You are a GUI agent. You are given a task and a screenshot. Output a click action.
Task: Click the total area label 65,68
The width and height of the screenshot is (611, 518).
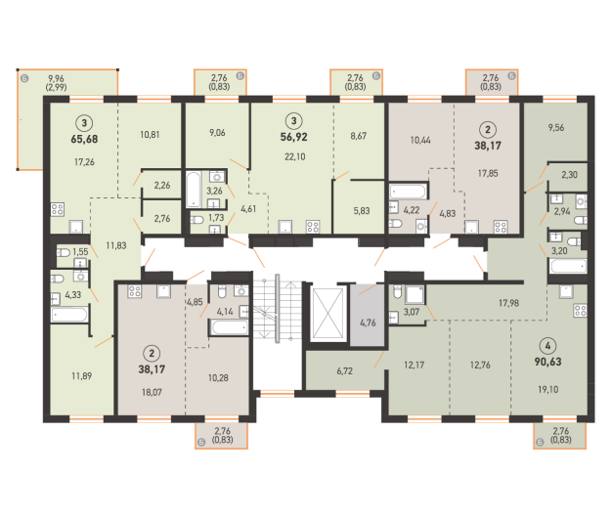(84, 139)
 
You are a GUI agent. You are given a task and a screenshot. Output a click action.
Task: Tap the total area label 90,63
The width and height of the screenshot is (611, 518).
(547, 362)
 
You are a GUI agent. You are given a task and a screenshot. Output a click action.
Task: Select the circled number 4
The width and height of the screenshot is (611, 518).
(547, 345)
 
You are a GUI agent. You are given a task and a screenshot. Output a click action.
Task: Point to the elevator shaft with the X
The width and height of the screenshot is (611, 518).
(327, 314)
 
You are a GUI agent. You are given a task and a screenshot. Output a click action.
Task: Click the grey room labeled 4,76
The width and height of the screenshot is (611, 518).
(368, 315)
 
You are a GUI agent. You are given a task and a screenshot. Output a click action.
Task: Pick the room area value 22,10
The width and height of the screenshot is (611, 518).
(295, 157)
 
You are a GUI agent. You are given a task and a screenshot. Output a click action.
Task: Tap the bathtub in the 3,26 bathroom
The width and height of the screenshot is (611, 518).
(194, 189)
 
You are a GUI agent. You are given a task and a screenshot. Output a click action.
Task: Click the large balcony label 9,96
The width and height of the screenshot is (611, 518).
(56, 78)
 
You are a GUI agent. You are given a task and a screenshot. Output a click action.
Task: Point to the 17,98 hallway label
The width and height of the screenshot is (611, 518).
(508, 303)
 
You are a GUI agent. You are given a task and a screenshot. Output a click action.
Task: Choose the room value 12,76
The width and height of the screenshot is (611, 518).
(480, 365)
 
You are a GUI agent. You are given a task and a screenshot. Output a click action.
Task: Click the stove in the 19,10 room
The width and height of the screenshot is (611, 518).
(581, 311)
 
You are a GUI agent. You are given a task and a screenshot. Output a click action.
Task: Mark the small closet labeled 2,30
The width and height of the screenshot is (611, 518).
(569, 175)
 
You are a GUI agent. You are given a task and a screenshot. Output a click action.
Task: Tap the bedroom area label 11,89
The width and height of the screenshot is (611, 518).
(81, 376)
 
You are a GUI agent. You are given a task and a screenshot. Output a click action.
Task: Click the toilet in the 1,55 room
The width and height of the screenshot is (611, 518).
(63, 253)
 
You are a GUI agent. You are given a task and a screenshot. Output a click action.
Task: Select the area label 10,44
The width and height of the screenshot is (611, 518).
(420, 140)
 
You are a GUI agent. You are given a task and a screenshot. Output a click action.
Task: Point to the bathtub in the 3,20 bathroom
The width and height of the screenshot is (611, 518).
(568, 267)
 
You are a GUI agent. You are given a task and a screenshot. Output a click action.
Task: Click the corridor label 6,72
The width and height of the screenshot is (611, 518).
(345, 370)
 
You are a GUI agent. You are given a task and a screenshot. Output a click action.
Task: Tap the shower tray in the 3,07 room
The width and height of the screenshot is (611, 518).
(415, 295)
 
